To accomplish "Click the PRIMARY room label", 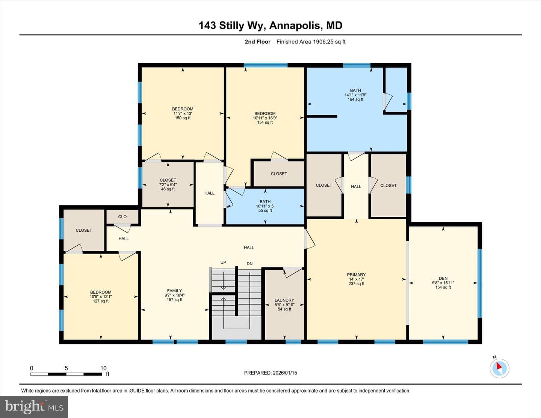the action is tap(356, 275).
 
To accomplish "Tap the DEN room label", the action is tap(443, 278).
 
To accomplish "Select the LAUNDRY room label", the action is tap(284, 300).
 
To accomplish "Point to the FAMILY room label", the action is tap(175, 291).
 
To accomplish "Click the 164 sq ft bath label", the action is tap(355, 95).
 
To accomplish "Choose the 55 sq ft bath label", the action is tap(265, 206).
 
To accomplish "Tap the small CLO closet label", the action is tap(122, 217).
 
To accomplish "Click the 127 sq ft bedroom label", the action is tap(101, 297).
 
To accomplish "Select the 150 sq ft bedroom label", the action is tap(183, 113).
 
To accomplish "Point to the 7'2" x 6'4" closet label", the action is tap(168, 185).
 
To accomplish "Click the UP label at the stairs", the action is tap(223, 263).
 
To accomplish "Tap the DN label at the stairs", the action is tap(249, 264).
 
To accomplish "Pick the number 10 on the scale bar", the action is tap(104, 368).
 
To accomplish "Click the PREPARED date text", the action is tap(270, 373).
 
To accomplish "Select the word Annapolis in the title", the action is tap(295, 26).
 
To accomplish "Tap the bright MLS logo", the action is tap(34, 407).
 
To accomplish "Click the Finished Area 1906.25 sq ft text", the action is tap(311, 42).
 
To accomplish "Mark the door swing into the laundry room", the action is tap(293, 272).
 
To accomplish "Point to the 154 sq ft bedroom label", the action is tap(265, 118).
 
